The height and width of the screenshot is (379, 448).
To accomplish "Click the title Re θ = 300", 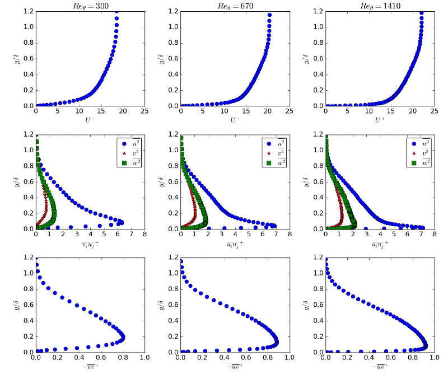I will [90, 6].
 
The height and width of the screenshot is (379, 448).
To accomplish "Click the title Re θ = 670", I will [235, 6].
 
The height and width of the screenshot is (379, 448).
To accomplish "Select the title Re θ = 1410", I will [380, 6].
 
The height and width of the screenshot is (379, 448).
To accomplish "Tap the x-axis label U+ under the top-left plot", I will [90, 120].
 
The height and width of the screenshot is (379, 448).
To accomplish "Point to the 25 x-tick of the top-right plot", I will [434, 111].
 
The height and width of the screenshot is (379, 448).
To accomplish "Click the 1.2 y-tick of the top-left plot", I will [26, 11].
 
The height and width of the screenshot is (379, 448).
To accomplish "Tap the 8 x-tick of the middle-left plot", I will [144, 235].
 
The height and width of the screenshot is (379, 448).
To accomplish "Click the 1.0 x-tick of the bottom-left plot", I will [144, 358].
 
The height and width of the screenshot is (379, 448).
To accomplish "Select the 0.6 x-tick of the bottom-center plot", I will [246, 358].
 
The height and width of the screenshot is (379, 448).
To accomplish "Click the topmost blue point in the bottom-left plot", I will [36, 265].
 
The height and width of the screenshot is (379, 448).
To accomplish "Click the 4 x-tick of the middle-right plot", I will [380, 235].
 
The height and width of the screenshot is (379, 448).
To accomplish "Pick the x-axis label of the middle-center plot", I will [235, 244].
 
